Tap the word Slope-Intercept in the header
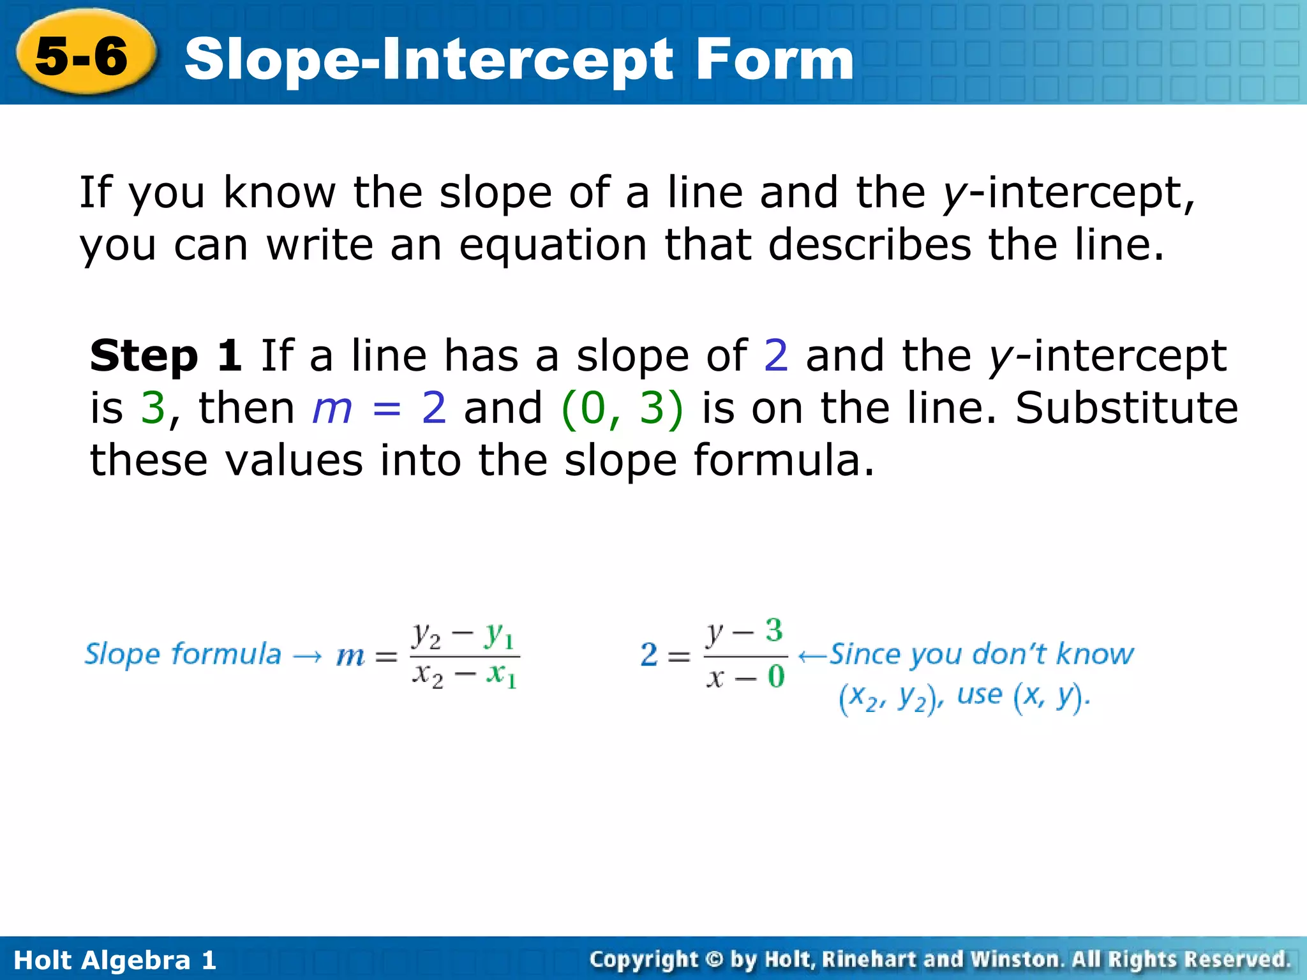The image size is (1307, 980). pyautogui.click(x=428, y=61)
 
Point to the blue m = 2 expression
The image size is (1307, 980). pyautogui.click(x=378, y=408)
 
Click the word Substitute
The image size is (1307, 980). pyautogui.click(x=1126, y=408)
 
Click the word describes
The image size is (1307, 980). pyautogui.click(x=869, y=245)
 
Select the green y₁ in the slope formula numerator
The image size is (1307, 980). pyautogui.click(x=500, y=635)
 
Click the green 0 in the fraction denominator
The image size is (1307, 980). pyautogui.click(x=775, y=676)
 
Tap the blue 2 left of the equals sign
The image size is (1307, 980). pyautogui.click(x=649, y=655)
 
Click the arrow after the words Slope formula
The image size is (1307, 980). pyautogui.click(x=308, y=656)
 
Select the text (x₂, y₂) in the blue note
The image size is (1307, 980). pyautogui.click(x=890, y=698)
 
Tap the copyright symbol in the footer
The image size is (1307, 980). pyautogui.click(x=714, y=960)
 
